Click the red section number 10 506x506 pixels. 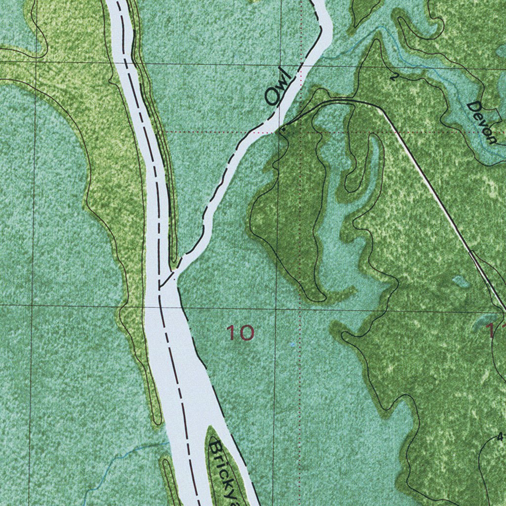coord(240,333)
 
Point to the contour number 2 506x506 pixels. coord(393,77)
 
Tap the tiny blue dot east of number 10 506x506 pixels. coord(293,344)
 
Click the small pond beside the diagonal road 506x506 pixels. coord(461,281)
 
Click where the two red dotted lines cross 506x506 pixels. coord(300,132)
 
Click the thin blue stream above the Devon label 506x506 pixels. coord(415,59)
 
